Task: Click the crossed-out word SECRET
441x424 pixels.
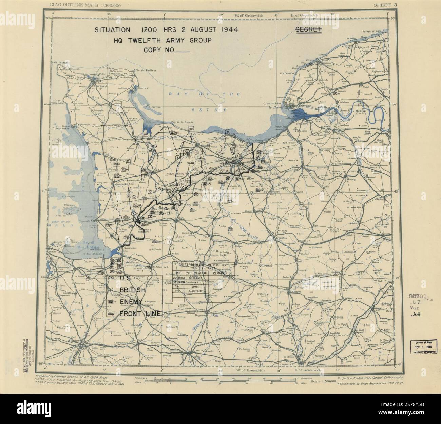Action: pyautogui.click(x=308, y=29)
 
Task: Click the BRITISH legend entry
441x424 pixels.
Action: pyautogui.click(x=132, y=290)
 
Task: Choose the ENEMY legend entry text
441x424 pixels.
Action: pyautogui.click(x=131, y=302)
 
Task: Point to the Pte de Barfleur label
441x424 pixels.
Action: pyautogui.click(x=142, y=70)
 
